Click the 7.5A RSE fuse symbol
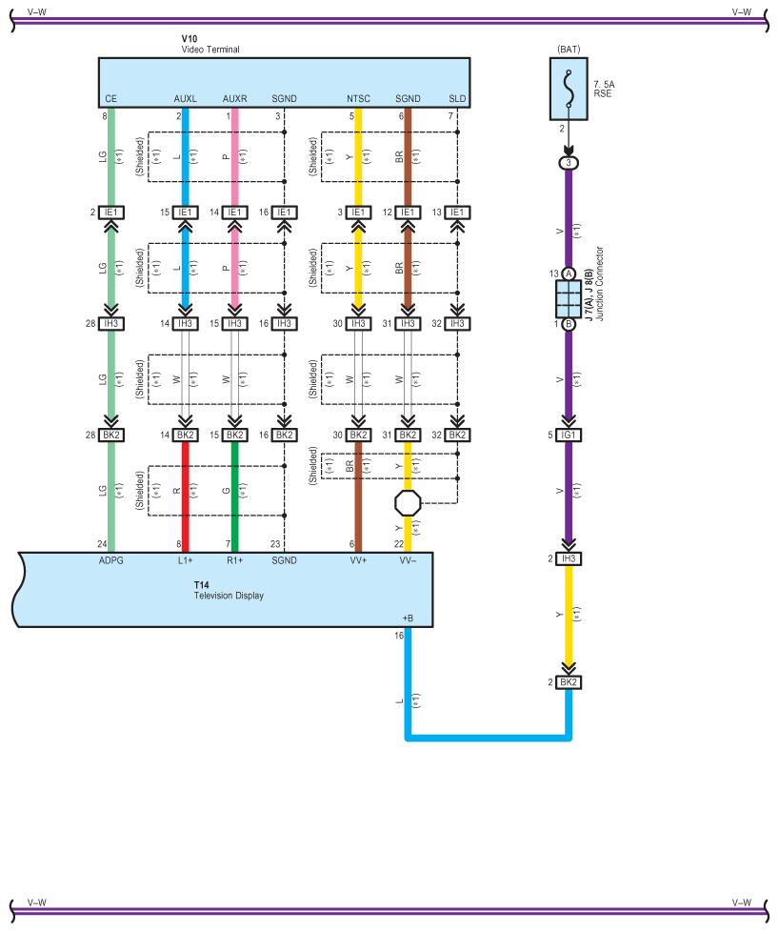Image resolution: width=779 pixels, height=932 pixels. pyautogui.click(x=569, y=88)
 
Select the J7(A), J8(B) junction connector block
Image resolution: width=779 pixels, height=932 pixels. pyautogui.click(x=569, y=299)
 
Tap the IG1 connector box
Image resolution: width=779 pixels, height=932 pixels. pyautogui.click(x=569, y=436)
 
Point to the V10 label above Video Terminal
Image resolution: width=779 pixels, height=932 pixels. pyautogui.click(x=190, y=39)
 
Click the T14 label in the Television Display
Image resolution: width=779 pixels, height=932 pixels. pyautogui.click(x=201, y=585)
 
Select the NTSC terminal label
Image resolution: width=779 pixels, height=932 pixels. pyautogui.click(x=358, y=98)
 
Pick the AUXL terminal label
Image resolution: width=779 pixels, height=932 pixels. pyautogui.click(x=185, y=98)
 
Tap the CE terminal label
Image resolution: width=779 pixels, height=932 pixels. pyautogui.click(x=111, y=98)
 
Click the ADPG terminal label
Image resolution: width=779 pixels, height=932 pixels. pyautogui.click(x=111, y=560)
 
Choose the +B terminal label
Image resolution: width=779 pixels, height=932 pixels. pyautogui.click(x=408, y=618)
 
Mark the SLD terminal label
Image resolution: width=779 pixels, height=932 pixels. pyautogui.click(x=457, y=98)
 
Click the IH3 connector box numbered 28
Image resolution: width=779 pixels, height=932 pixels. pyautogui.click(x=111, y=324)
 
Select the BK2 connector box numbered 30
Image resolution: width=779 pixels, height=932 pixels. pyautogui.click(x=358, y=436)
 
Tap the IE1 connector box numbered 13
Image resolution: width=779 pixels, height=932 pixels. pyautogui.click(x=457, y=213)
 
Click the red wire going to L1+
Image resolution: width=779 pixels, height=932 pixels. pyautogui.click(x=185, y=496)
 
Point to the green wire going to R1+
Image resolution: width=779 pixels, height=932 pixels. pyautogui.click(x=234, y=496)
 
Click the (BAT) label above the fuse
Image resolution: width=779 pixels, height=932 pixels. pyautogui.click(x=569, y=48)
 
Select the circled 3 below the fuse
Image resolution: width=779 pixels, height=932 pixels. pyautogui.click(x=569, y=163)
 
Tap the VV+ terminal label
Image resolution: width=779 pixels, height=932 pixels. pyautogui.click(x=358, y=560)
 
